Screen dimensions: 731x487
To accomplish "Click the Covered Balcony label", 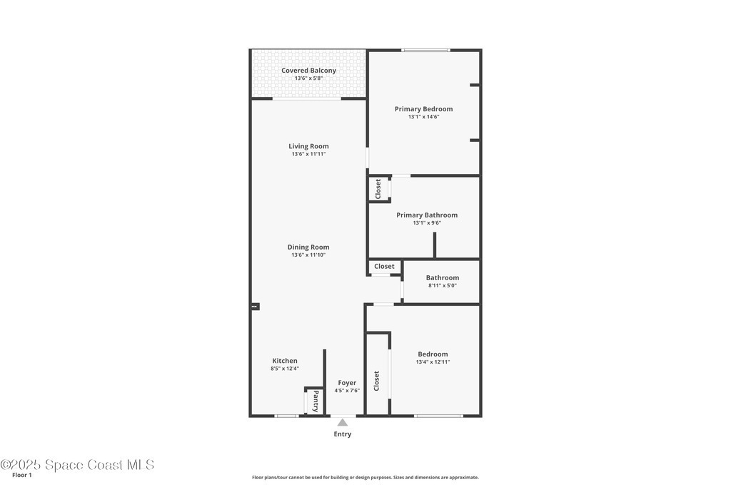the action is tap(308, 71).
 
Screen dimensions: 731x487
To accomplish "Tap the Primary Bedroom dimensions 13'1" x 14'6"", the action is tap(424, 117).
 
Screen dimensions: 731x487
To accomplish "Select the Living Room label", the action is tap(308, 146).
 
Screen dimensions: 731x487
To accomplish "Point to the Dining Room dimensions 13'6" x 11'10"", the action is tap(308, 255).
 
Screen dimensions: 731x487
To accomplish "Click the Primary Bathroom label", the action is tap(427, 215).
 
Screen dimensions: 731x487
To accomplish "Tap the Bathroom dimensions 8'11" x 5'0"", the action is tap(443, 286).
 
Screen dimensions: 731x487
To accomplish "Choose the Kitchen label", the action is tap(285, 361).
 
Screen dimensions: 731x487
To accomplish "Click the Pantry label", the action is tap(316, 401).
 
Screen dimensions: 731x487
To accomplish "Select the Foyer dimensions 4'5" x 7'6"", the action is tap(347, 391).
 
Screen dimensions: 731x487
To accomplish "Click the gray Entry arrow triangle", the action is tap(343, 422).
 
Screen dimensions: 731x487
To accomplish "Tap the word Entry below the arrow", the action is tap(343, 434).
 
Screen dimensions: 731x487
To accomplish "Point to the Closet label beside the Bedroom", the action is tap(377, 381).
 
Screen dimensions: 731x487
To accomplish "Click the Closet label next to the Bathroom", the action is tap(384, 266).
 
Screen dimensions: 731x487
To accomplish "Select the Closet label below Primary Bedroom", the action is tap(378, 189).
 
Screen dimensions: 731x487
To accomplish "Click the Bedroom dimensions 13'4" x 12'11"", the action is tap(433, 362).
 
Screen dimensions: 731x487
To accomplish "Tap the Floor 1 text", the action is tap(22, 476).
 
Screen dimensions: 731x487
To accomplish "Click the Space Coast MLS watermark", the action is tap(77, 465).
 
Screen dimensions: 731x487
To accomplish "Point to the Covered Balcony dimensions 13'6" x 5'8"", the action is tap(308, 78).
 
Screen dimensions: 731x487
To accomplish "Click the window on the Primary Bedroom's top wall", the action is tap(425, 50).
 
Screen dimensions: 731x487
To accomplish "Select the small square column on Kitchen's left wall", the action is tap(255, 307).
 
